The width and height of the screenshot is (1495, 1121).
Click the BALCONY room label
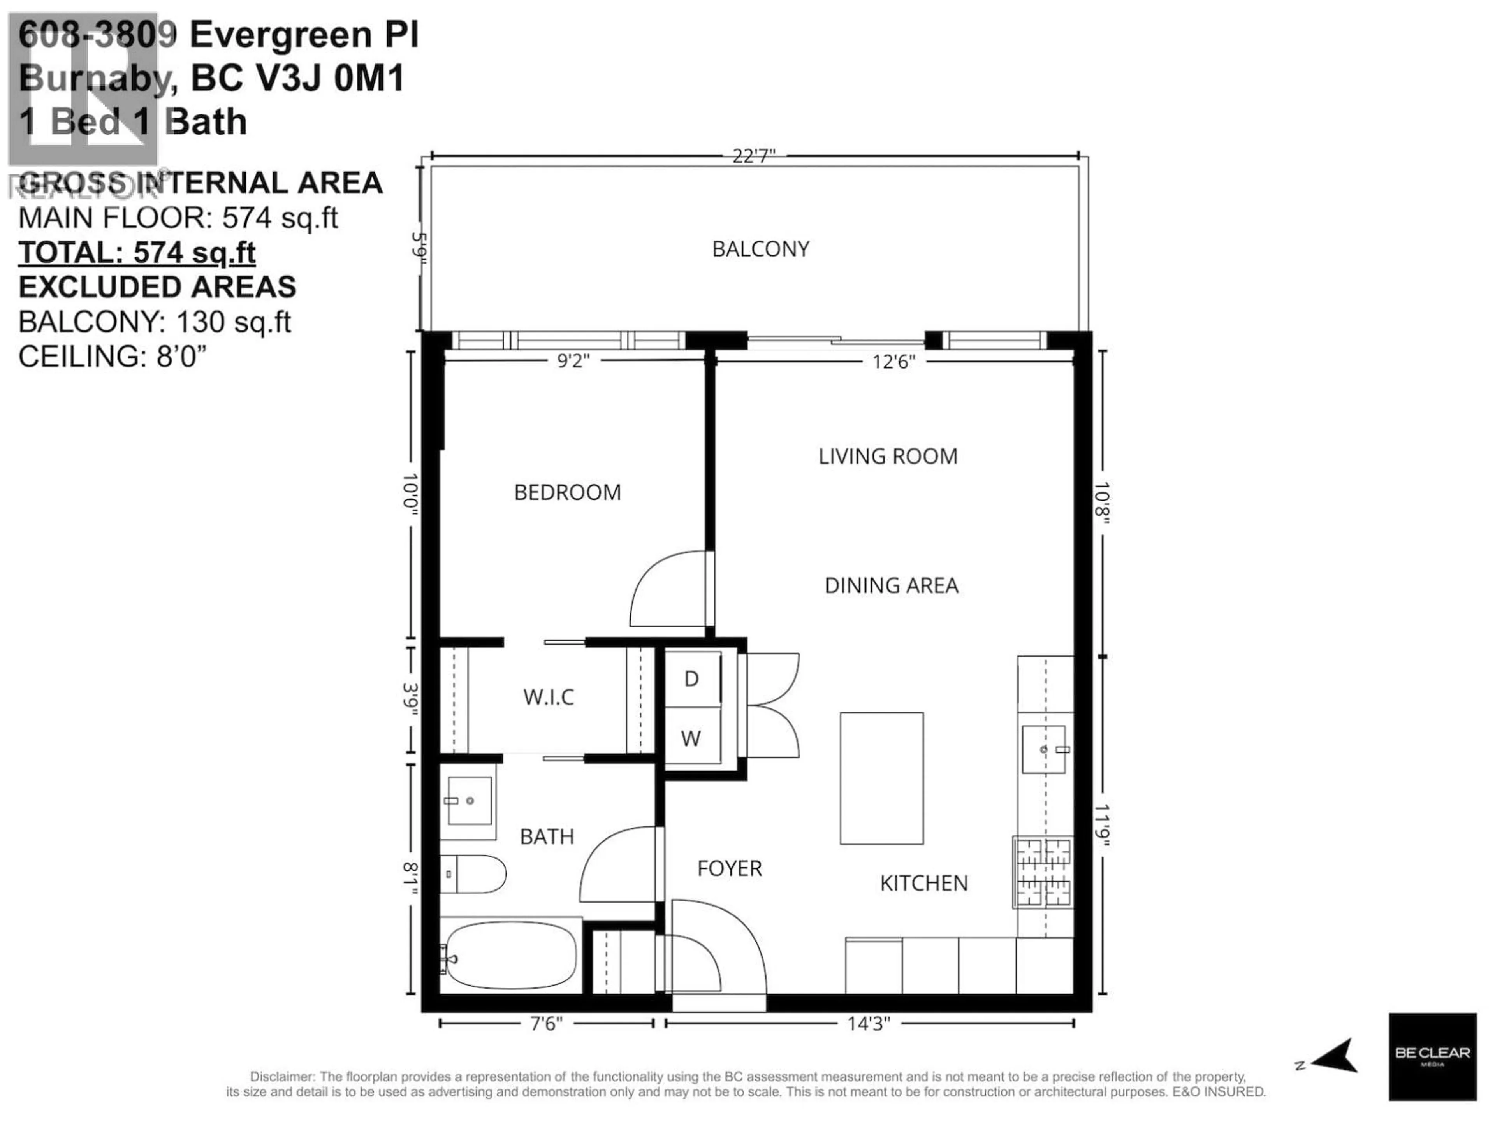tap(760, 250)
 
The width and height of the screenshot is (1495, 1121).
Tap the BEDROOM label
tap(567, 493)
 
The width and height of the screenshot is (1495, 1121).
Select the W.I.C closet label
tap(548, 697)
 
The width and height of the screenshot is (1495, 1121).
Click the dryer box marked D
tap(691, 679)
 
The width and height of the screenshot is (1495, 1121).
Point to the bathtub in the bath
tap(511, 956)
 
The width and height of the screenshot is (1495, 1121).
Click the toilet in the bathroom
tap(473, 874)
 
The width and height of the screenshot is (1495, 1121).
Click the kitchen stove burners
tap(1043, 872)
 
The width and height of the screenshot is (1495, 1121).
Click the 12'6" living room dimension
tap(893, 362)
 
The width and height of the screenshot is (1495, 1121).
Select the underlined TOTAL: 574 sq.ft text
tap(137, 253)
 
